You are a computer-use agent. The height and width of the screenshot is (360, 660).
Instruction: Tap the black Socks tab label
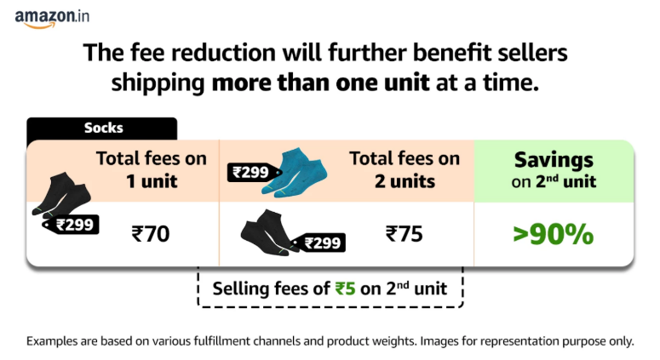point(103,129)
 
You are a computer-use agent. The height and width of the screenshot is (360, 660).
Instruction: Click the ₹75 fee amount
point(404,233)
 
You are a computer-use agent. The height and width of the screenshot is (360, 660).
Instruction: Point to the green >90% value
point(553,234)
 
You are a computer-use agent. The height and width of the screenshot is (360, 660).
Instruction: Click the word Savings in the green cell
point(554,160)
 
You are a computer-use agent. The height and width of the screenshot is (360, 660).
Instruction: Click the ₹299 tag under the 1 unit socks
point(72,225)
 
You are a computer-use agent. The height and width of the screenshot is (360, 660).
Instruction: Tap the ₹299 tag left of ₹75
point(321,243)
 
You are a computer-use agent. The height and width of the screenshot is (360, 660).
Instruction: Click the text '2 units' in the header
point(405,180)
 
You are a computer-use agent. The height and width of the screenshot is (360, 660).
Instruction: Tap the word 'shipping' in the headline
point(158,83)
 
